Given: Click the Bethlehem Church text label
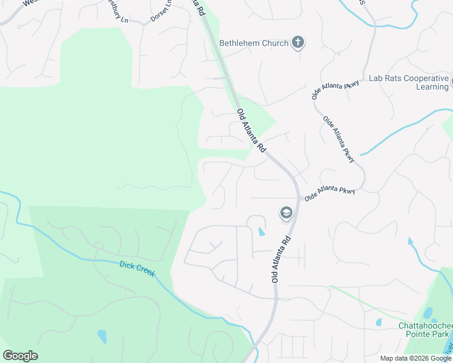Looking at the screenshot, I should click(253, 43).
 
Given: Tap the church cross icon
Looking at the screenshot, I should click(297, 42).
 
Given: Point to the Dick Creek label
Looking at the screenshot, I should click(137, 269).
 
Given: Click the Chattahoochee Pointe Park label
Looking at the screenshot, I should click(424, 330).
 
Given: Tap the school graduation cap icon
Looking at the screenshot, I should click(286, 212).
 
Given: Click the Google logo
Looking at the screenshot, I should click(20, 356).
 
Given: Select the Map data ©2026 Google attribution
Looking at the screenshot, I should click(415, 358).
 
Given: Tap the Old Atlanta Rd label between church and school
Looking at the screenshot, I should click(251, 130).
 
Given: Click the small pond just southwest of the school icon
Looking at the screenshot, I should click(261, 231).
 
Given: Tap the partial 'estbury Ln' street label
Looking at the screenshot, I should click(118, 10).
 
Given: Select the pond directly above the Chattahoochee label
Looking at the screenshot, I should click(429, 313).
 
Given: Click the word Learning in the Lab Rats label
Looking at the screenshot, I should click(432, 87).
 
